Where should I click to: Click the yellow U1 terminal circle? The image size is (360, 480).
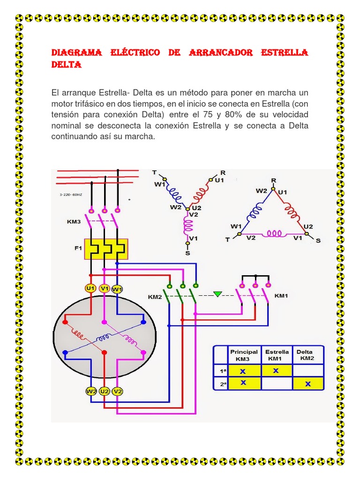[90, 288]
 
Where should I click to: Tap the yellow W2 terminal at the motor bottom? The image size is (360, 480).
[91, 391]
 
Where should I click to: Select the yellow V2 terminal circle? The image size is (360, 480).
[118, 391]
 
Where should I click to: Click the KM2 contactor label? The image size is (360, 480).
[155, 297]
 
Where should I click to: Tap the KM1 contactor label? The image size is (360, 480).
[281, 296]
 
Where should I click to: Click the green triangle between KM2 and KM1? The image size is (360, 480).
[217, 294]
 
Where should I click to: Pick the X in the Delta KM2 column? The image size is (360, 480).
[308, 384]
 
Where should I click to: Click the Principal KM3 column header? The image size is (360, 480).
[244, 355]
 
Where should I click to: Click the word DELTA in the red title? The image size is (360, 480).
[66, 65]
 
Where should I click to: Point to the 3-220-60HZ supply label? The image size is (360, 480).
[70, 194]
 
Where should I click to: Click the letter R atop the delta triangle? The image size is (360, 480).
[274, 180]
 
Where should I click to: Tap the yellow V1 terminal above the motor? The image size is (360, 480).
[105, 288]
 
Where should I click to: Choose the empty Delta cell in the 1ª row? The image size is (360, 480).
[308, 371]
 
